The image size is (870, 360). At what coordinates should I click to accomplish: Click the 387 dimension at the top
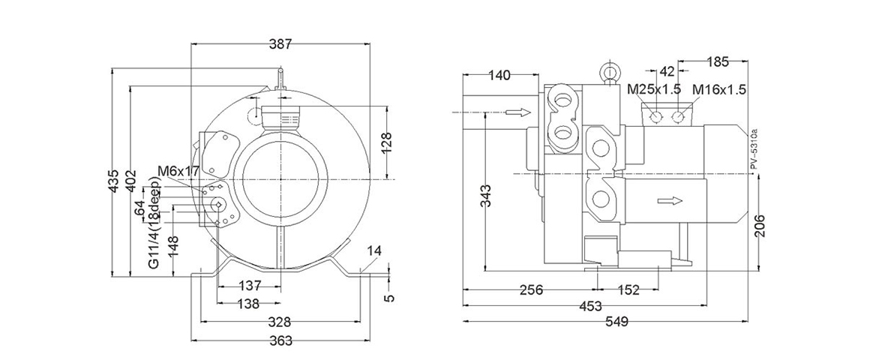click(280, 44)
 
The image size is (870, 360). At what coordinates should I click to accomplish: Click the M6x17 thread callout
click(178, 171)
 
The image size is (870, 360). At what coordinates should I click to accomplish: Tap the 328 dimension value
click(280, 322)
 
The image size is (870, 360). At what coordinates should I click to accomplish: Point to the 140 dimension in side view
click(499, 75)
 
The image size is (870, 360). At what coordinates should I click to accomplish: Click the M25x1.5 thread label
click(653, 90)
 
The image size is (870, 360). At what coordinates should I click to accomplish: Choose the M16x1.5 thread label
click(718, 90)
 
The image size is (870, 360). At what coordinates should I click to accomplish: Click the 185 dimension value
click(718, 60)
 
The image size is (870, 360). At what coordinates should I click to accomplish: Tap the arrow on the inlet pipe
click(517, 112)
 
